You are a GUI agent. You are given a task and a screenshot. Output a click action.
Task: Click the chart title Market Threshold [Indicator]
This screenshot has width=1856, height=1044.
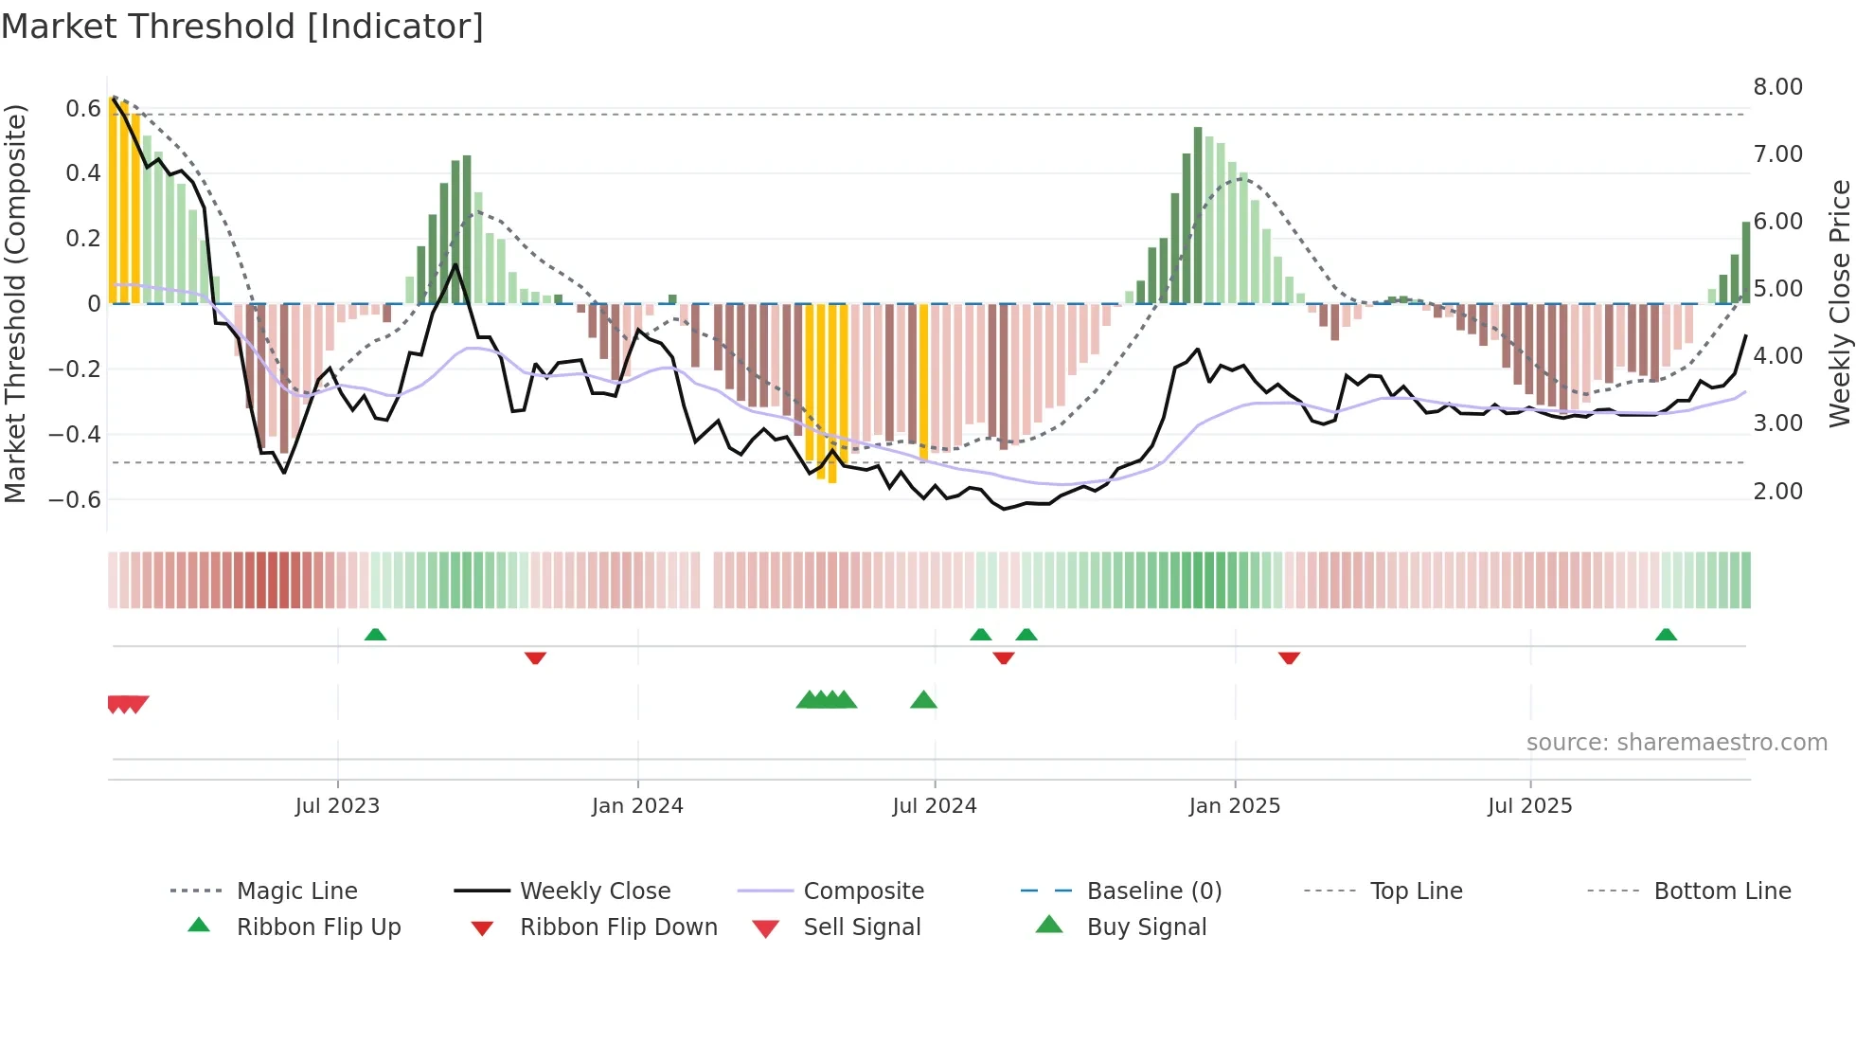242,27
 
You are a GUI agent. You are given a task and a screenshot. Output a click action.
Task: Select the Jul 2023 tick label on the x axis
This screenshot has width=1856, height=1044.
337,806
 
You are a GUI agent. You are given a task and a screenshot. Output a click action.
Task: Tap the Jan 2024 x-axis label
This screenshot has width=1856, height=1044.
637,806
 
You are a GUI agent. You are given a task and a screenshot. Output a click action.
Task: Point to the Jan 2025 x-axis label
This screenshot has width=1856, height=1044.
1235,806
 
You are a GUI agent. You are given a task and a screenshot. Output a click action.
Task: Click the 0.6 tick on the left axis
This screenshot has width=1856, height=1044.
83,109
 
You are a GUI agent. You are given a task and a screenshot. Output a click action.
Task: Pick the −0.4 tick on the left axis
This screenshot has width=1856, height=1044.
75,435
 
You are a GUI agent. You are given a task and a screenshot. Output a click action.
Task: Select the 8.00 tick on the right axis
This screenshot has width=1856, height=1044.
1777,87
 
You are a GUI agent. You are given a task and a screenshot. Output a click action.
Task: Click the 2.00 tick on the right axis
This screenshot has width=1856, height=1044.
1777,492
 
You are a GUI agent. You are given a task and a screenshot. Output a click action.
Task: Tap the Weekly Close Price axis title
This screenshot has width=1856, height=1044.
1839,303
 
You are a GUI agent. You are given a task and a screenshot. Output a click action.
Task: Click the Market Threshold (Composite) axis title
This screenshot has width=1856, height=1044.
15,303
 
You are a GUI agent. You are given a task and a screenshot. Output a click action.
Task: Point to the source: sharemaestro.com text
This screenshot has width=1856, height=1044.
1676,743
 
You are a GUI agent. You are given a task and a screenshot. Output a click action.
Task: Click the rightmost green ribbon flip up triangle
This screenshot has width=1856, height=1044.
1666,635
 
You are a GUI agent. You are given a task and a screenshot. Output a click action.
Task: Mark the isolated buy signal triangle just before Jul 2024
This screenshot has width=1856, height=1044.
923,701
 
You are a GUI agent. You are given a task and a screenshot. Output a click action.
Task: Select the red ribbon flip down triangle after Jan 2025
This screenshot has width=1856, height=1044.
1289,657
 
